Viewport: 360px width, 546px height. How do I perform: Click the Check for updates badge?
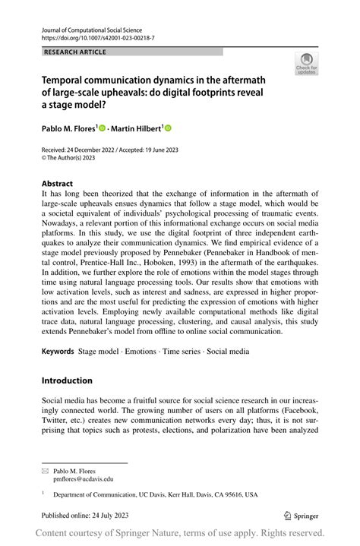(306, 64)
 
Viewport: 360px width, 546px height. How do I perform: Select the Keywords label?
(58, 352)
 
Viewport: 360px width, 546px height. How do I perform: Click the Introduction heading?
(67, 380)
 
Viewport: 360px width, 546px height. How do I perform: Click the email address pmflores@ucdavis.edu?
(83, 480)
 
